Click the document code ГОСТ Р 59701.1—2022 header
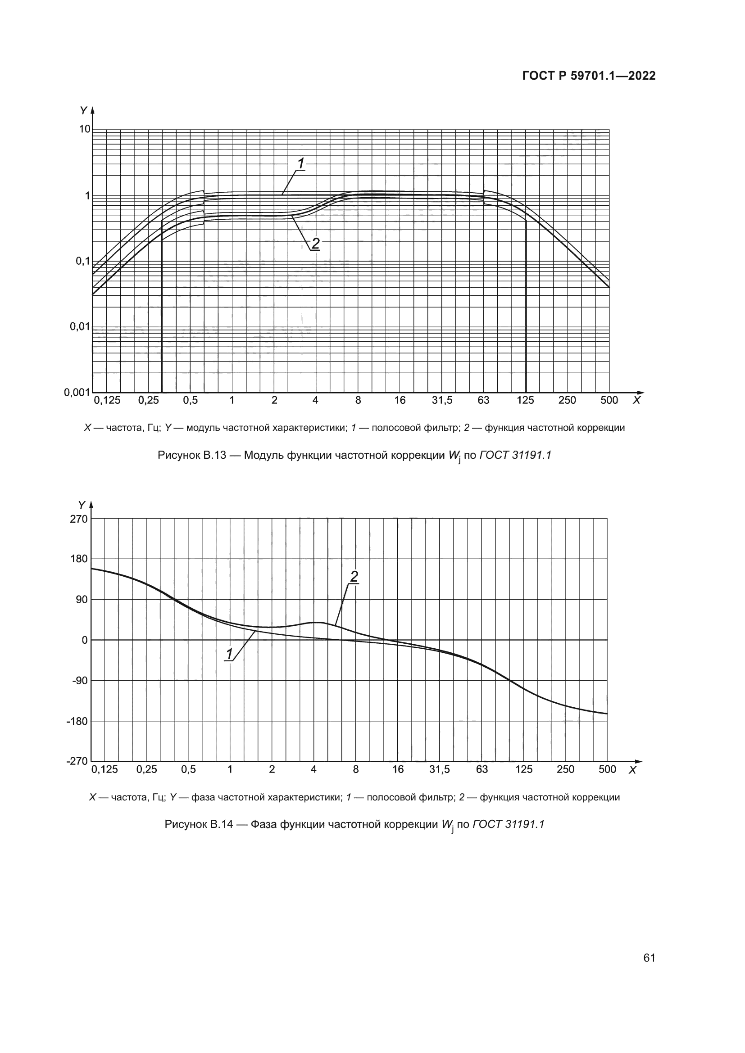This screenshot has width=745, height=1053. tap(589, 76)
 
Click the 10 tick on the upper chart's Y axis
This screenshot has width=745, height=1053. tap(85, 129)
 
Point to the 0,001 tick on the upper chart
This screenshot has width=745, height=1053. tap(77, 393)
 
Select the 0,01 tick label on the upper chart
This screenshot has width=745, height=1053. tap(79, 327)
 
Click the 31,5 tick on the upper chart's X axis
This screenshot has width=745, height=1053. tap(442, 400)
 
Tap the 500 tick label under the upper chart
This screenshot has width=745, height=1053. tap(609, 400)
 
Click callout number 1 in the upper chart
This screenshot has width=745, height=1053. tap(301, 164)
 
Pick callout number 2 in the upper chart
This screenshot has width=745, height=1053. tap(316, 244)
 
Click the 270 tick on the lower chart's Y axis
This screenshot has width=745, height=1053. tap(79, 519)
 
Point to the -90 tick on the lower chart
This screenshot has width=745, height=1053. tap(79, 681)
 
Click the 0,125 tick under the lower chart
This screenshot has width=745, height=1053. tap(104, 769)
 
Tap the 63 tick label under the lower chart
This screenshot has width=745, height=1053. tap(482, 769)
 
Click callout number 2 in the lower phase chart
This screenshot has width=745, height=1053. tap(354, 577)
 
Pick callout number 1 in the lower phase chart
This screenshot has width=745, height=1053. tap(229, 654)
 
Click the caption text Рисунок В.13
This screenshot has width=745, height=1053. tap(192, 456)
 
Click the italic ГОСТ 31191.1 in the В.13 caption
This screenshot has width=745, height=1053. tap(515, 456)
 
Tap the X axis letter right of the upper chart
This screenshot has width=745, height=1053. tap(636, 400)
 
